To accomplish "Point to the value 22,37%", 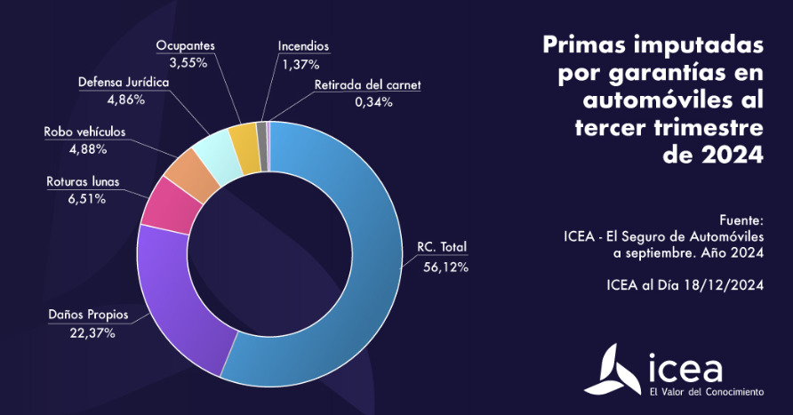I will tap(91, 333).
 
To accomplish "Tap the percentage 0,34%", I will tap(373, 101).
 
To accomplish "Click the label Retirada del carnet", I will tap(367, 85).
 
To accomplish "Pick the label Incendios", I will tap(303, 45).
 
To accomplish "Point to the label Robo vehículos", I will tap(85, 132).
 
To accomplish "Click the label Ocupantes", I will tap(186, 45).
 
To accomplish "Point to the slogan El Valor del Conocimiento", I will tap(707, 391).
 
